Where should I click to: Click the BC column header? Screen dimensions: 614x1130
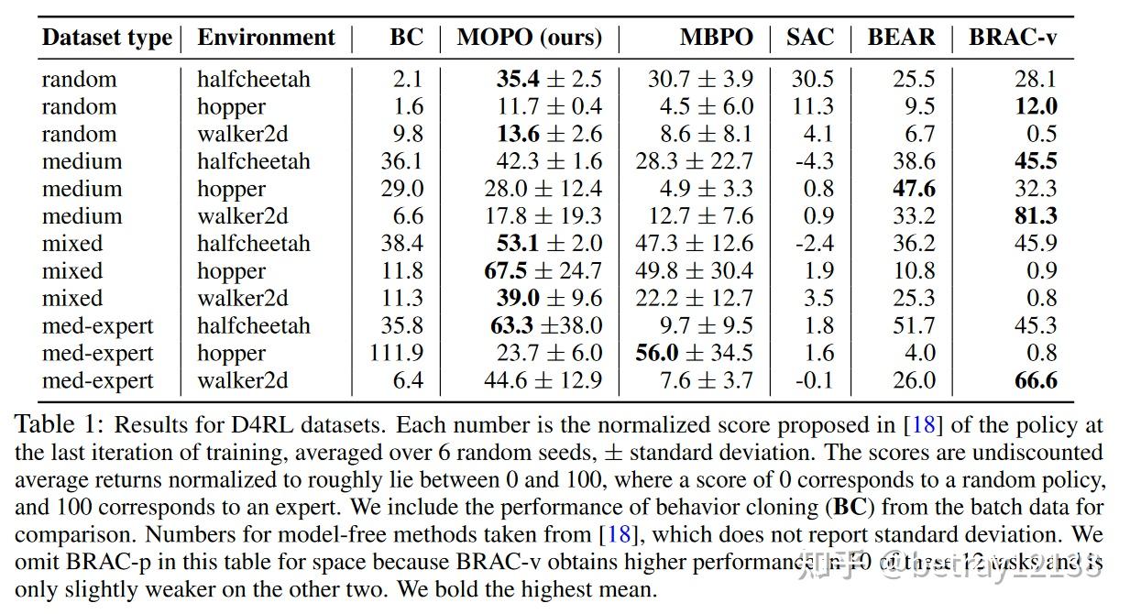(x=406, y=38)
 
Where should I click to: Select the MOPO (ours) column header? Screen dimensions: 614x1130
(x=529, y=38)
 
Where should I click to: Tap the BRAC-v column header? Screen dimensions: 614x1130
(x=1015, y=38)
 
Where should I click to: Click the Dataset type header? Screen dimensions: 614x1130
(x=106, y=38)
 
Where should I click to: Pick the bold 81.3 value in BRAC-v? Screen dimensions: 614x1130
(x=1036, y=216)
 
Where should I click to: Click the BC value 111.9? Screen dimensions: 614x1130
(x=396, y=354)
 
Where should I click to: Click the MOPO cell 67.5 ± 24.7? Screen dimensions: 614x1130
(x=543, y=271)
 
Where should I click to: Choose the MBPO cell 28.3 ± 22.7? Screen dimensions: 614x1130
(x=694, y=161)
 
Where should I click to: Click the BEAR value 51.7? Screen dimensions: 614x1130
(x=914, y=326)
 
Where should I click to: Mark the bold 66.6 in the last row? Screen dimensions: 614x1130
(x=1036, y=381)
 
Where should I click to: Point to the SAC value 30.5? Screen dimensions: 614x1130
(x=812, y=80)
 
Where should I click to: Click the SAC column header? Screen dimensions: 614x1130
(x=810, y=38)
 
